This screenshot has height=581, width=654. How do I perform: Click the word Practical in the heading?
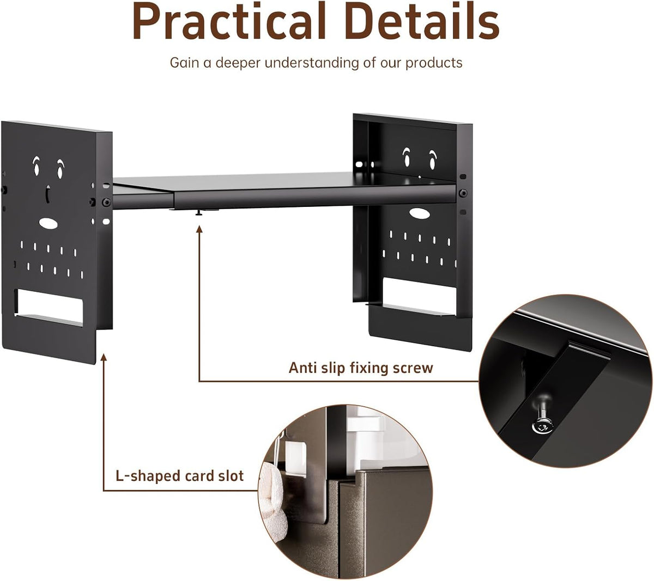228,22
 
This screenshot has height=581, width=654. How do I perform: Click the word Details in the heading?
421,21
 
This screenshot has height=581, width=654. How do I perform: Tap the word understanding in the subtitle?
312,63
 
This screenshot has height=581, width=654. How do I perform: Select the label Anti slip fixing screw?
361,368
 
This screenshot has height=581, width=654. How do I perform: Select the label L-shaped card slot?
179,476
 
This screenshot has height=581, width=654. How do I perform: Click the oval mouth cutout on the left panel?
49,224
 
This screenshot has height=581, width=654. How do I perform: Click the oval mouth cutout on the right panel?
419,213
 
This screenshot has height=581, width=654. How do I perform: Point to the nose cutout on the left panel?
48,194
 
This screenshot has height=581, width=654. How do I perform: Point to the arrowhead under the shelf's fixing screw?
199,229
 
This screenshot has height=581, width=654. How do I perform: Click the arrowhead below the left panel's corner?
104,357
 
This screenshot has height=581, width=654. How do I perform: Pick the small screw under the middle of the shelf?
199,212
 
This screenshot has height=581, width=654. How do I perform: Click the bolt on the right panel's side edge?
463,193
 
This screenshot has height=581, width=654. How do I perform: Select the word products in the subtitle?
434,63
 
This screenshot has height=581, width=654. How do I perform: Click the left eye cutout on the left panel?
36,166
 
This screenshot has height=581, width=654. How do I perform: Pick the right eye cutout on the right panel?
432,160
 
